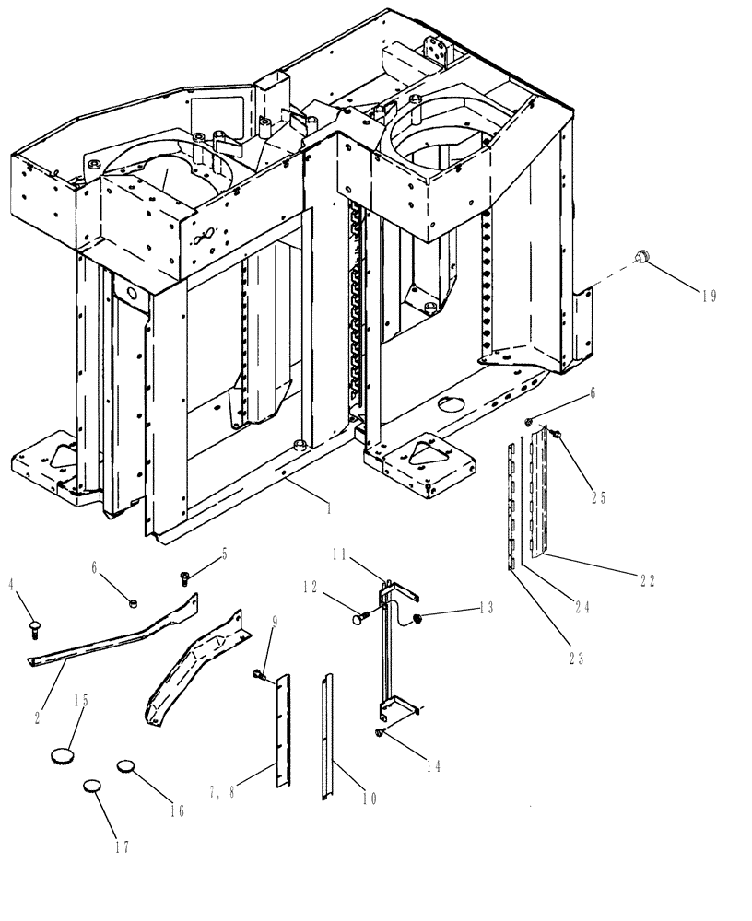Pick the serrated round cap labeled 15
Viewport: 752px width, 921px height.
61,757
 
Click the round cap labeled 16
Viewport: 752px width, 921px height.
126,766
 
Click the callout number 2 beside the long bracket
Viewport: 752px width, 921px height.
38,717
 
